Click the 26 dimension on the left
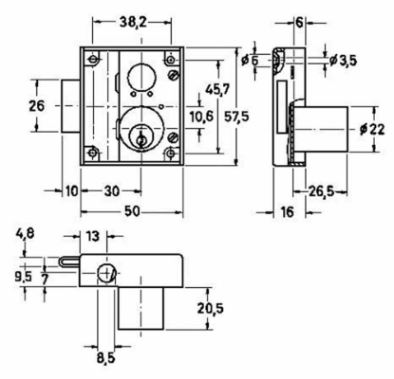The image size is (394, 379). coord(36,106)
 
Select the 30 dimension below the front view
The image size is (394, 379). coord(113,190)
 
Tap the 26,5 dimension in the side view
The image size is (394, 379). coord(318,192)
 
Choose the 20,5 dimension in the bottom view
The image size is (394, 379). coord(210,309)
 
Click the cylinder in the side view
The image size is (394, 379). coord(321,129)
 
